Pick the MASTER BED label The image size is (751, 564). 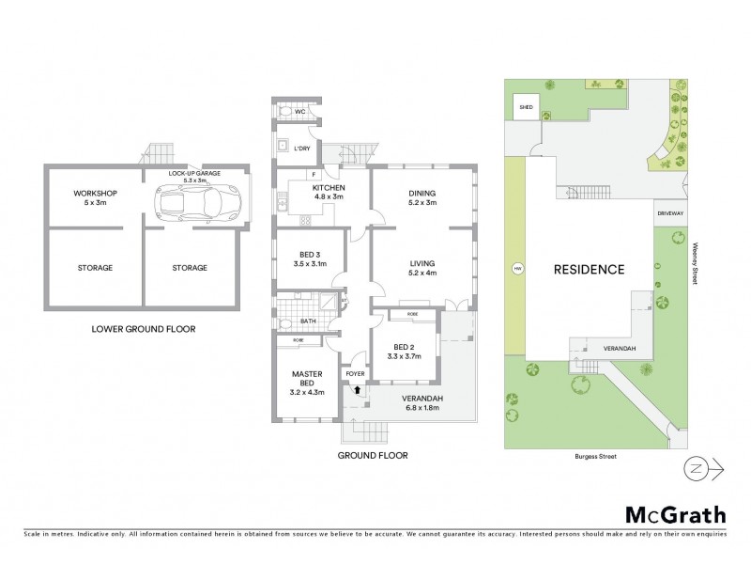(x=307, y=379)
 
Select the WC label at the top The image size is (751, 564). (x=300, y=112)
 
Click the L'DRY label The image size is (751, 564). (x=302, y=149)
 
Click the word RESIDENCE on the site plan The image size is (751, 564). (x=589, y=270)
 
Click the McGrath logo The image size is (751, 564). (x=675, y=514)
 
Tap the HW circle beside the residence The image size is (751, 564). (x=515, y=270)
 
